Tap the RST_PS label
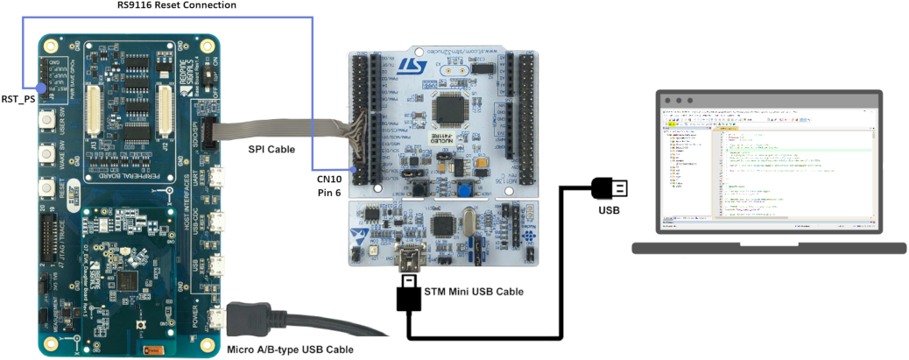point(18,99)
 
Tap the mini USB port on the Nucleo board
point(409,259)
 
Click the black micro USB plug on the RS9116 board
point(246,320)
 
